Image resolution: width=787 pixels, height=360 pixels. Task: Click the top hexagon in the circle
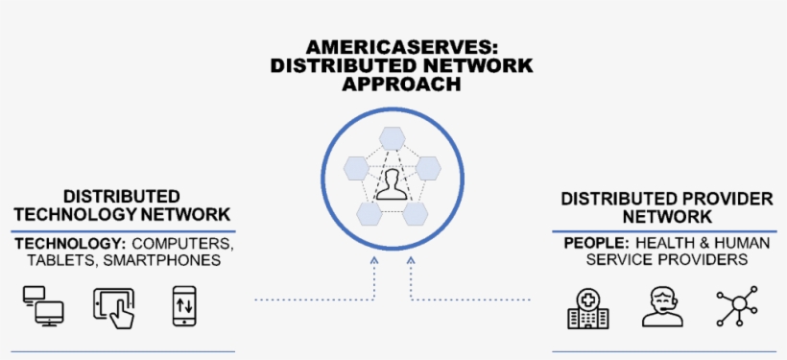[x=393, y=137]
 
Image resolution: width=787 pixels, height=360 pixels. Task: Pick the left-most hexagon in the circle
[x=357, y=170]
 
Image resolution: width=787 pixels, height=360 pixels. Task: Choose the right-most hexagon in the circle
[x=428, y=170]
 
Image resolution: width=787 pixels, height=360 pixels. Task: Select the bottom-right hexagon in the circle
[x=416, y=213]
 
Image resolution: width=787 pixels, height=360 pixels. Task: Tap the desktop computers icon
[x=43, y=304]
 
